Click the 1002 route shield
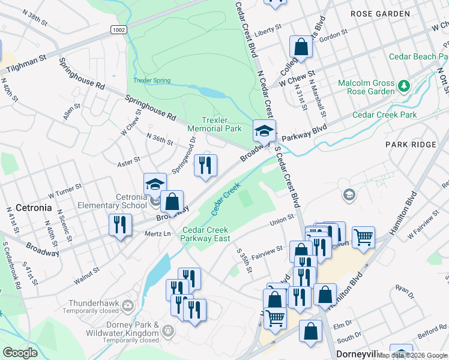point(118,29)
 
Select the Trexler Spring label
point(152,80)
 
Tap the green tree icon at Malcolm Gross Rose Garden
point(404,87)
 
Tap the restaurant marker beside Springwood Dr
point(205,165)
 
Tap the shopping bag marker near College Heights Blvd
point(301,47)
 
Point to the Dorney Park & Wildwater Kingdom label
point(114,329)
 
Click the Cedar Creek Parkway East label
point(206,234)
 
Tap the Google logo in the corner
point(20,352)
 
